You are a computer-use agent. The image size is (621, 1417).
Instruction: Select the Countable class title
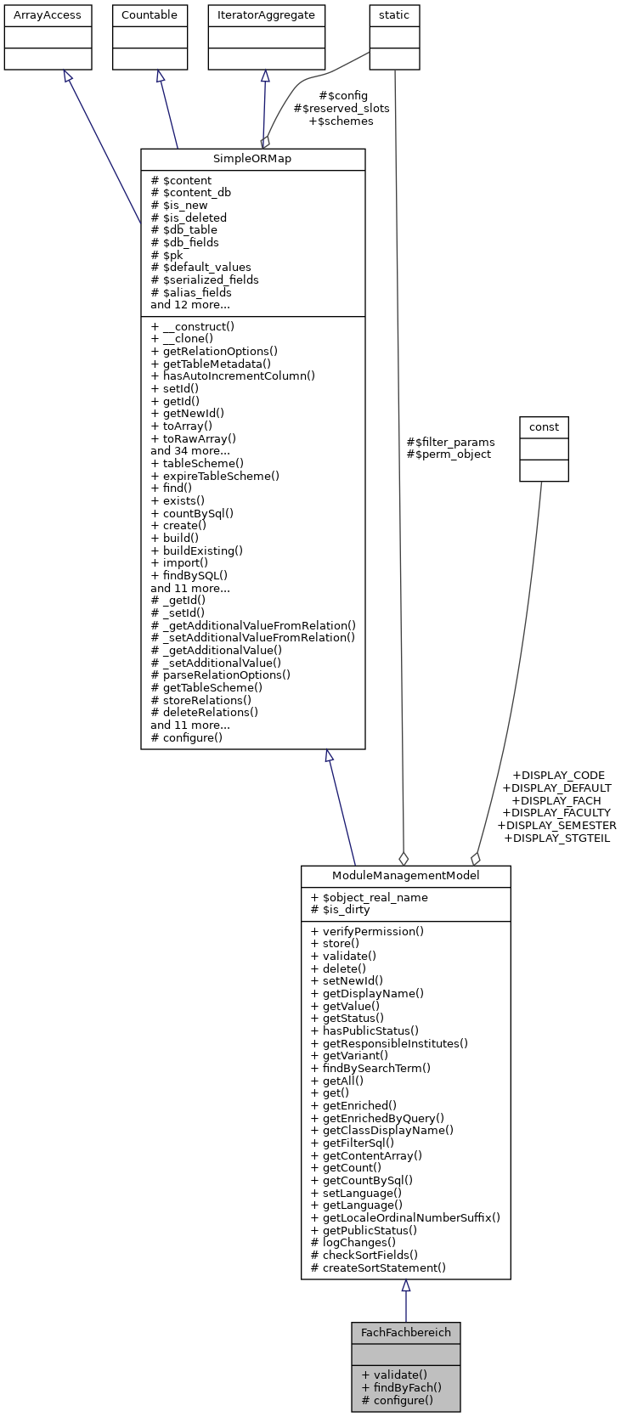150,15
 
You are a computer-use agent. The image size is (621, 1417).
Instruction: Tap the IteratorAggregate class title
266,15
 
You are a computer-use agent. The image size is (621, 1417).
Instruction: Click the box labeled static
394,15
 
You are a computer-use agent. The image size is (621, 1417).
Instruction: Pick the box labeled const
544,426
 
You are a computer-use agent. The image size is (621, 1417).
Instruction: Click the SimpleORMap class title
252,159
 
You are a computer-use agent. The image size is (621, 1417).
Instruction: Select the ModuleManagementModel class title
405,876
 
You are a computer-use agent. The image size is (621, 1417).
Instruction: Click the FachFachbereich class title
405,1332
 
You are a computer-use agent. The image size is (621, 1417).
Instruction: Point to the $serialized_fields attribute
205,279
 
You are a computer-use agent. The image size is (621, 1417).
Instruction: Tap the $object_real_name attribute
370,897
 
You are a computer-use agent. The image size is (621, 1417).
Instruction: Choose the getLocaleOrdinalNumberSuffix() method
405,1217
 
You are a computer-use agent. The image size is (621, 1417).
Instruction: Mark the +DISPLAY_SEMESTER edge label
556,825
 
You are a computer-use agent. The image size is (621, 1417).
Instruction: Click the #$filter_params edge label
450,442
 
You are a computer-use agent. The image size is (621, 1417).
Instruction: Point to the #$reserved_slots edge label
342,108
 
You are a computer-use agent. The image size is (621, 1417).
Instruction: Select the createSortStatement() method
378,1267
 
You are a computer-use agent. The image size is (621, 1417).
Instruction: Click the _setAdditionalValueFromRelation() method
252,637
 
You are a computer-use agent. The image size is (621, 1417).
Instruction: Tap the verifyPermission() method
367,931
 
